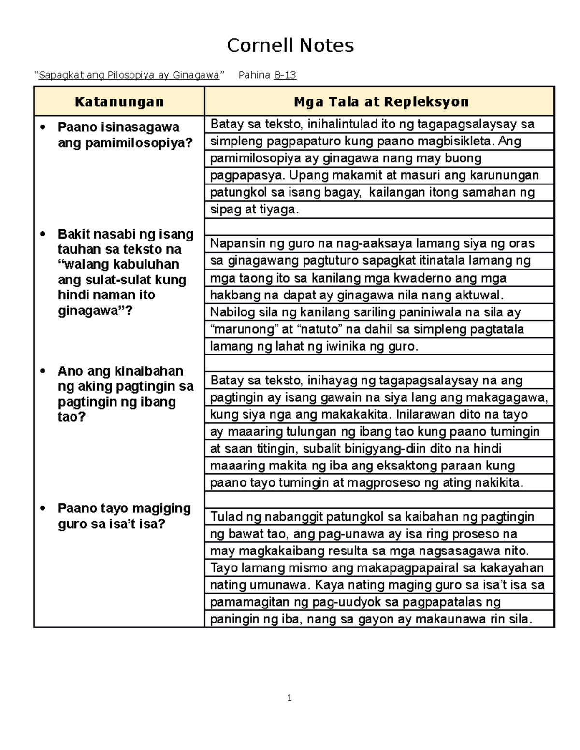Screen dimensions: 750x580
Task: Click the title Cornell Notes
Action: coord(290,45)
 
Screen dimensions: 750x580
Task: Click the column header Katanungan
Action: coord(119,102)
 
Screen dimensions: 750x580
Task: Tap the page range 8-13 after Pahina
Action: coord(285,75)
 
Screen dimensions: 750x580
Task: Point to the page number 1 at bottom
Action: coord(289,698)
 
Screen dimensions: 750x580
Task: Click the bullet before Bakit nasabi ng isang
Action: coord(43,234)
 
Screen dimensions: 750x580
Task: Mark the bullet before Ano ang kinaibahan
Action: coord(43,371)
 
